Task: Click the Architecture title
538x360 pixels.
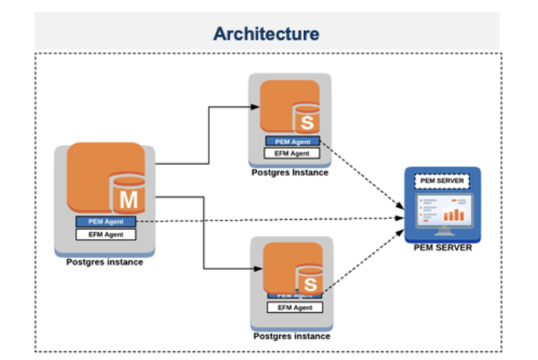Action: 266,33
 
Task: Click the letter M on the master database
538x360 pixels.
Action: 128,199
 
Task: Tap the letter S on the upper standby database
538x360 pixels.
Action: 306,122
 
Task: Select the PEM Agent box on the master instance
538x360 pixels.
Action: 105,221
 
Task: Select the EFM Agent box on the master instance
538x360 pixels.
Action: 105,234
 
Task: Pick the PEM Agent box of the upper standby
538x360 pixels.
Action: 292,142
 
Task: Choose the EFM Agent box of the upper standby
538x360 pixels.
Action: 292,153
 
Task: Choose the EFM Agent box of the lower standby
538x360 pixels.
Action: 295,308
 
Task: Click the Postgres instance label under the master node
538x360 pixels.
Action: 105,262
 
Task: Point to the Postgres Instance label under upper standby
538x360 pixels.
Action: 289,173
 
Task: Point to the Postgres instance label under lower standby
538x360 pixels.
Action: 292,336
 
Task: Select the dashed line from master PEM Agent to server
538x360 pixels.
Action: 267,219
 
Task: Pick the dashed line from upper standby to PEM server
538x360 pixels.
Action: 361,178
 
